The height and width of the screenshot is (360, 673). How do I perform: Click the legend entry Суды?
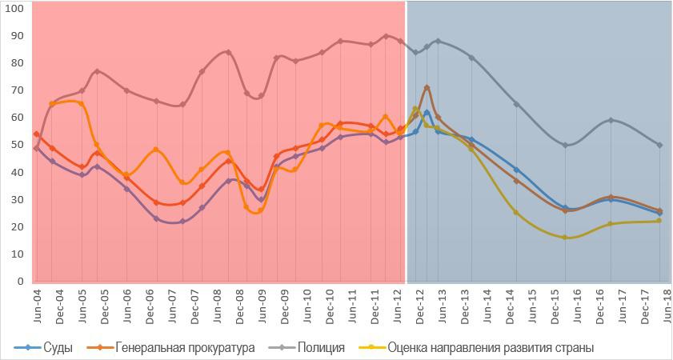coord(58,348)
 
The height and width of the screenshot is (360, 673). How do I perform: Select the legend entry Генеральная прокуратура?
coord(185,348)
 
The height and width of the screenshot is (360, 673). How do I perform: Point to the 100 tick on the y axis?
coord(15,8)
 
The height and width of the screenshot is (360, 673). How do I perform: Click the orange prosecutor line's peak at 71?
coord(427,87)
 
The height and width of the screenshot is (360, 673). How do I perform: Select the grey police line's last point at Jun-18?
coord(659,145)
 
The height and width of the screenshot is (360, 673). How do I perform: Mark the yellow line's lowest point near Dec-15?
coord(565,238)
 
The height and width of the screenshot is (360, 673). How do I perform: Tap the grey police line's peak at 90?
coord(386,36)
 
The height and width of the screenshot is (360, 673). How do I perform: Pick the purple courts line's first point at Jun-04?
coord(36,148)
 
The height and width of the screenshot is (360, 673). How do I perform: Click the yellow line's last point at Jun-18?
coord(659,221)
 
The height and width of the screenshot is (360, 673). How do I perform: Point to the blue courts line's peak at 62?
coord(427,112)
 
